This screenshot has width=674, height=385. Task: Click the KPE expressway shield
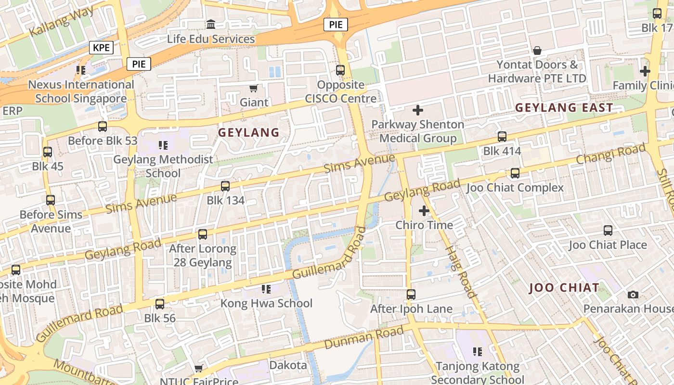click(101, 48)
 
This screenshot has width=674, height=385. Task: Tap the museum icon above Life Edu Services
click(211, 24)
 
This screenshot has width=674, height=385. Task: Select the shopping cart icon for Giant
click(254, 88)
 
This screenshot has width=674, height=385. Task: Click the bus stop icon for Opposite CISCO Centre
click(340, 70)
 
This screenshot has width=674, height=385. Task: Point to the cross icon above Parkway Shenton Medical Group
click(417, 110)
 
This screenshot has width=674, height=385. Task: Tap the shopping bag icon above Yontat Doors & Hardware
click(537, 51)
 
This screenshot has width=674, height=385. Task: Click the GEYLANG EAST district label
click(564, 108)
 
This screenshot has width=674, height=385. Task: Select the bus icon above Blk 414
click(502, 137)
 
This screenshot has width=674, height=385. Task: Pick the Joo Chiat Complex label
click(515, 188)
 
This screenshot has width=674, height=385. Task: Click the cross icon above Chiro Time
click(424, 211)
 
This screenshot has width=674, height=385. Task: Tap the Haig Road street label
click(461, 272)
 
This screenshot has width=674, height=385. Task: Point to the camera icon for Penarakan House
click(633, 295)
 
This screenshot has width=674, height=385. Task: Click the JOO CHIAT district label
click(564, 288)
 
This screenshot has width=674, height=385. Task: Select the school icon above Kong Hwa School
click(266, 289)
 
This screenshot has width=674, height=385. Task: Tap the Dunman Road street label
click(363, 338)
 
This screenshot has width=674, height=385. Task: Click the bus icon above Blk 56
click(160, 304)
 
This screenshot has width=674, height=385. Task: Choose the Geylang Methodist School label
click(163, 166)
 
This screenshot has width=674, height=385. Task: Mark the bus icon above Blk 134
click(225, 186)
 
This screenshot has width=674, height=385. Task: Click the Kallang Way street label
click(61, 22)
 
